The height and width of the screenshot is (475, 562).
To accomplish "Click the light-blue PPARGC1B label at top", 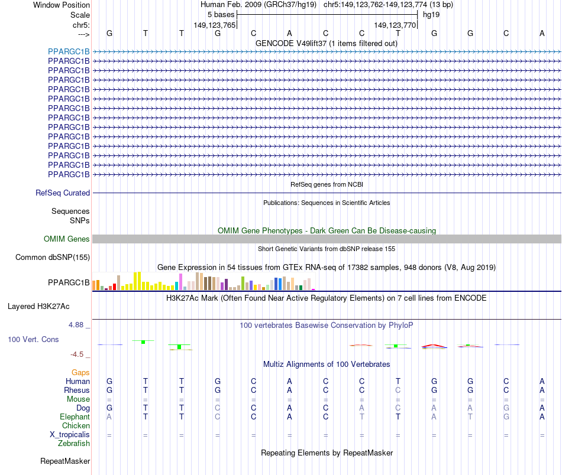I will click(x=69, y=51).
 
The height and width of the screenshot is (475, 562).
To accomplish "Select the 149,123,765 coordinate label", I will click(x=215, y=25).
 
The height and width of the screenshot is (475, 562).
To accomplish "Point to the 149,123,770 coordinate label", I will click(x=395, y=25).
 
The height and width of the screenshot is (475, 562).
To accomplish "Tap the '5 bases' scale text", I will click(x=221, y=14).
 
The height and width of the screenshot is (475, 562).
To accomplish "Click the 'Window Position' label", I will click(x=62, y=5).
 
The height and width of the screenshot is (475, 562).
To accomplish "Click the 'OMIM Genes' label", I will click(x=67, y=239).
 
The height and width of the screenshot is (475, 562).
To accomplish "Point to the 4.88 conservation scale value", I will click(x=79, y=325).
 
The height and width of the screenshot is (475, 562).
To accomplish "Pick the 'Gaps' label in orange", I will click(x=80, y=372).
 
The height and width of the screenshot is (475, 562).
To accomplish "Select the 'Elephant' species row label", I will click(x=74, y=417).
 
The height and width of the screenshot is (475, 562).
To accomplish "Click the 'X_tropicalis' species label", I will click(x=70, y=434).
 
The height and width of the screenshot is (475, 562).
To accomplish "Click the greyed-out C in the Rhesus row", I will click(x=398, y=390).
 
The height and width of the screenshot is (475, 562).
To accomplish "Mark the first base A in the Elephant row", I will click(x=109, y=417).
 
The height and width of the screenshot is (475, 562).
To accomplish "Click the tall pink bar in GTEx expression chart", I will click(x=180, y=282).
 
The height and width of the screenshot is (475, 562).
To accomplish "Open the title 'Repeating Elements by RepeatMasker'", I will click(x=327, y=453).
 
